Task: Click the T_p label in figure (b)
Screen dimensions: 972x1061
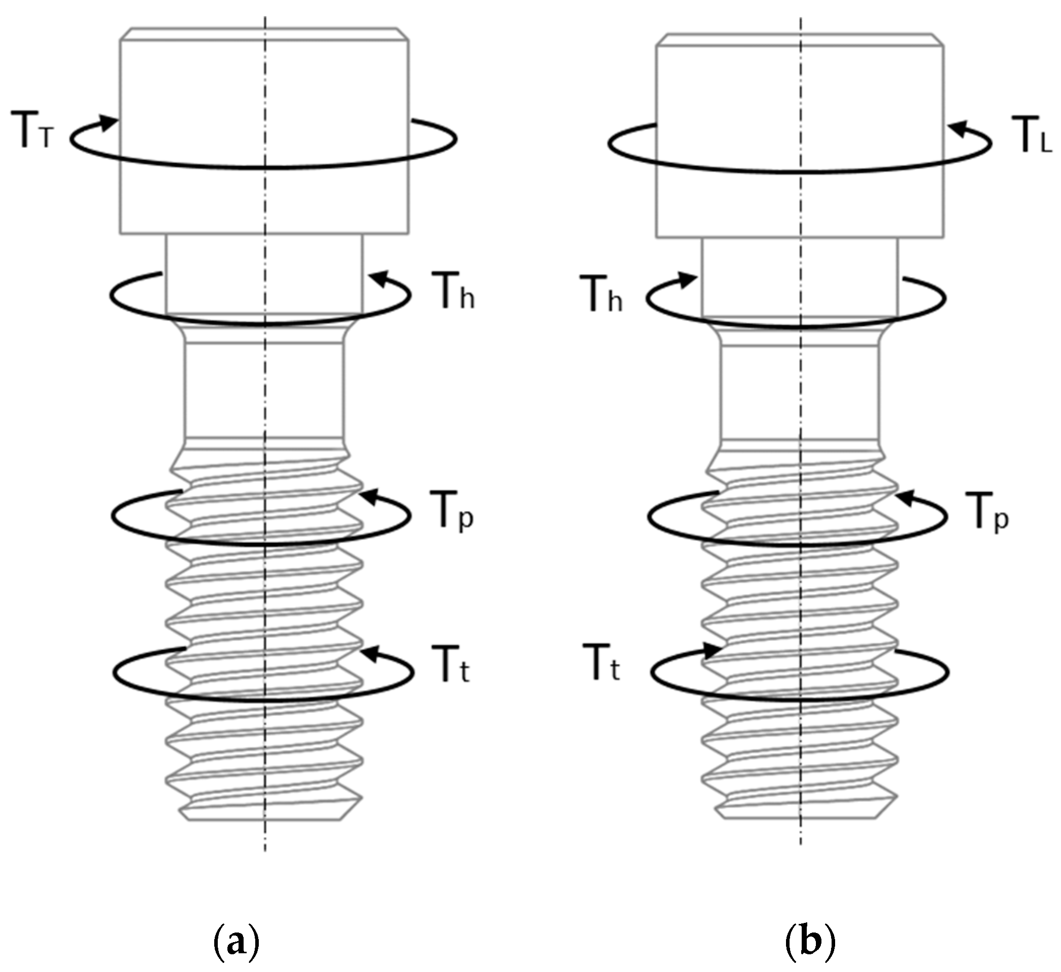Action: (986, 512)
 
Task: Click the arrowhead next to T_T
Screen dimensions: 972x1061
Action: (109, 123)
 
